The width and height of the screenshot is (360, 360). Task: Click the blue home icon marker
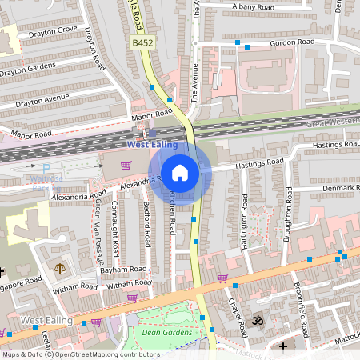tap(180, 171)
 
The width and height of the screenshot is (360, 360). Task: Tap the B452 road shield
tap(142, 42)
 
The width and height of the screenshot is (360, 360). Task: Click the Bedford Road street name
tap(146, 223)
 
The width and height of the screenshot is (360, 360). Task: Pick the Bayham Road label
tap(123, 270)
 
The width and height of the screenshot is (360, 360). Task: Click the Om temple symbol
tap(258, 321)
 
